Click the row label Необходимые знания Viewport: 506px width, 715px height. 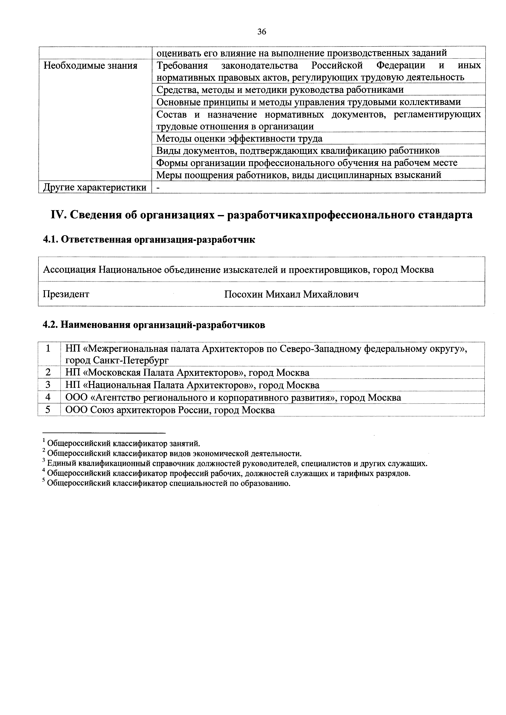(x=90, y=66)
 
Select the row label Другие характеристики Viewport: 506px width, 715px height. (x=95, y=187)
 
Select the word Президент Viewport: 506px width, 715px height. (x=66, y=294)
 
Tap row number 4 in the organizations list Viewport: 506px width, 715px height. (x=48, y=398)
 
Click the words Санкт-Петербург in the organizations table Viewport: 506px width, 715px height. (x=131, y=361)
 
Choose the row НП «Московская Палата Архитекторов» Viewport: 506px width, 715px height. (x=187, y=373)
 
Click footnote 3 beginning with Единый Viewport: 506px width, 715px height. (x=234, y=463)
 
